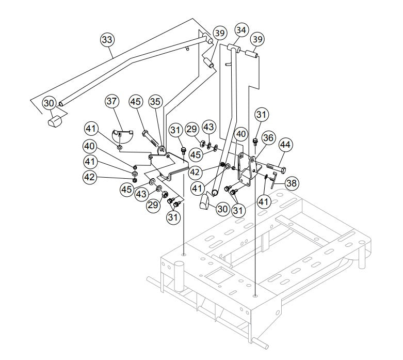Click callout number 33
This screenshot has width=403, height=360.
[107, 40]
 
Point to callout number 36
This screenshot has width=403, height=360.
[268, 138]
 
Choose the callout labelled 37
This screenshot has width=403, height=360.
[112, 101]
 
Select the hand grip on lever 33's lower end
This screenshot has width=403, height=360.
[55, 122]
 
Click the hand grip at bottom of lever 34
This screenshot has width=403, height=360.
[204, 201]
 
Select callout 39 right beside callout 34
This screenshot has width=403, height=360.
[257, 40]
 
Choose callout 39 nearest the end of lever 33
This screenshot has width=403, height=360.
[220, 34]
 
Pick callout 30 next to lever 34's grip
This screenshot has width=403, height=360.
[222, 209]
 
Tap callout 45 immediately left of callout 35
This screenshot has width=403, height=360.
[136, 102]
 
